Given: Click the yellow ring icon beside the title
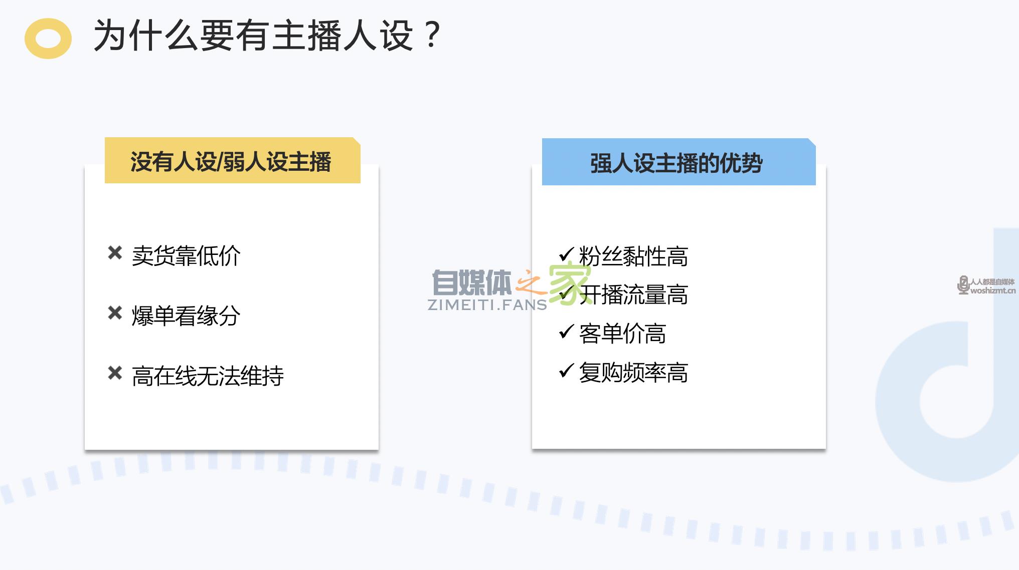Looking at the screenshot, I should (x=48, y=39).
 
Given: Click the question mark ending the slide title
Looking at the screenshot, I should (x=431, y=35).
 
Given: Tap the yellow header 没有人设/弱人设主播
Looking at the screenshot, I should (x=232, y=161).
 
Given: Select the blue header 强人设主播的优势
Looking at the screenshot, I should (x=678, y=163).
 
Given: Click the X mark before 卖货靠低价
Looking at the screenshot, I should (x=115, y=253).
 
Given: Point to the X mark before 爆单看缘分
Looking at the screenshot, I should (x=115, y=313).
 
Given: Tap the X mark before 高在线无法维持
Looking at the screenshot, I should (x=115, y=373).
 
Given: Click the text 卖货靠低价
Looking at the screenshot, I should (x=186, y=256).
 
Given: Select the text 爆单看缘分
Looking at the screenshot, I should (x=186, y=316).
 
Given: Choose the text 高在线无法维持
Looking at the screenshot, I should (x=208, y=376).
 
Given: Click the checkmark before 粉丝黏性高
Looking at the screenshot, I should (x=566, y=254).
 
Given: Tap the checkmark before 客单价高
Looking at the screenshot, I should (x=566, y=331).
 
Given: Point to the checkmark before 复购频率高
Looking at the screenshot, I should (x=566, y=370).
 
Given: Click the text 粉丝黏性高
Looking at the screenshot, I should (x=633, y=256).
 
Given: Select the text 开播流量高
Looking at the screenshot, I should (x=633, y=295).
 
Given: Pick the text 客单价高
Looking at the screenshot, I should (x=622, y=334).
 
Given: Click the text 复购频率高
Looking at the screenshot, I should (x=633, y=373).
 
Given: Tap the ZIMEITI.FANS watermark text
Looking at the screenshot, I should (x=487, y=305).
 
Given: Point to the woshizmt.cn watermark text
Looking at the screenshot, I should (x=992, y=291).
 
